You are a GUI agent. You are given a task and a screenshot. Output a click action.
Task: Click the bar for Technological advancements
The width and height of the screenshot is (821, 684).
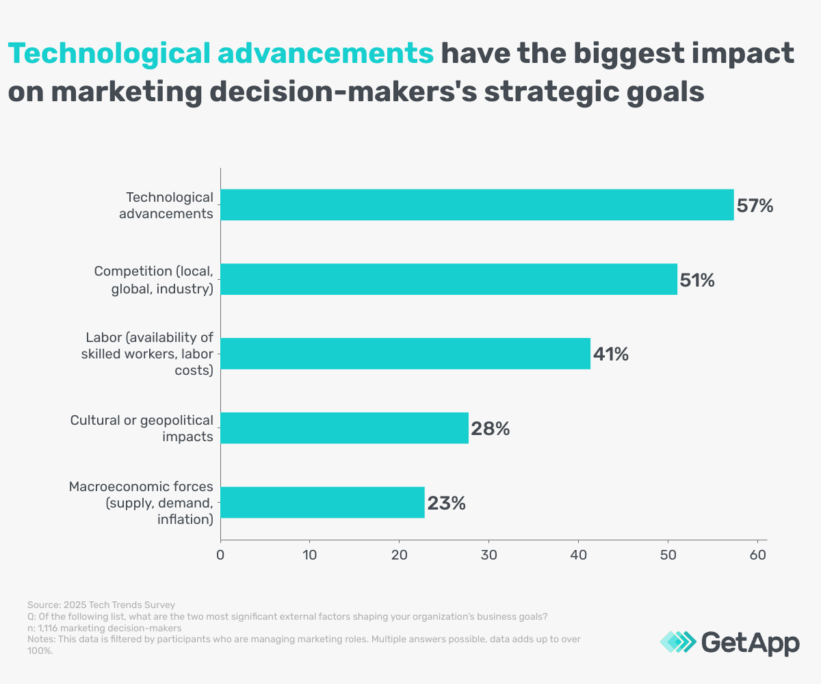477,205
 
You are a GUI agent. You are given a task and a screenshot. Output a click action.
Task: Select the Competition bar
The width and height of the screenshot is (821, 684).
449,279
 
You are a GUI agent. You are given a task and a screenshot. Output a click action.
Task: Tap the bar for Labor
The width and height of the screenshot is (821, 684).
405,354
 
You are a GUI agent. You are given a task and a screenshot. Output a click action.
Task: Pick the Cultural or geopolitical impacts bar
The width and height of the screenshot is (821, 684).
344,428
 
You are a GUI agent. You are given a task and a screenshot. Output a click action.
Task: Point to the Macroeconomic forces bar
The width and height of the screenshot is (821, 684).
322,503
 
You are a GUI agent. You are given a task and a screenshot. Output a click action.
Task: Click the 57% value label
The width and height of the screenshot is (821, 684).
755,205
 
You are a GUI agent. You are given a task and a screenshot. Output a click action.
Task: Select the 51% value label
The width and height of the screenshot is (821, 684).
697,280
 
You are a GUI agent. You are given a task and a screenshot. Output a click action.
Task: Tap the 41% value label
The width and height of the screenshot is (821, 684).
610,354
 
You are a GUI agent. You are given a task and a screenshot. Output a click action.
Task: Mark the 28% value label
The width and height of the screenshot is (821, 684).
490,429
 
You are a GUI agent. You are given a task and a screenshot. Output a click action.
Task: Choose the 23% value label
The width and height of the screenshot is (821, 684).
447,503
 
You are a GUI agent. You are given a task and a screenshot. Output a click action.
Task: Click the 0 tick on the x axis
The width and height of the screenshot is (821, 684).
220,556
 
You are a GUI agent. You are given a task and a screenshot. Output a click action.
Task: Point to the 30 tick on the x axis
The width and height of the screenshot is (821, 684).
488,556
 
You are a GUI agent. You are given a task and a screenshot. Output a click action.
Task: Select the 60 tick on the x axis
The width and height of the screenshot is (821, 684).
757,556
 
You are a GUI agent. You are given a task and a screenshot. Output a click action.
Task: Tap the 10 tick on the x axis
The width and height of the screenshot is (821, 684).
310,556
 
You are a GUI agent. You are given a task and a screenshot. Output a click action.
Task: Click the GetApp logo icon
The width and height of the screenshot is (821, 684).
676,642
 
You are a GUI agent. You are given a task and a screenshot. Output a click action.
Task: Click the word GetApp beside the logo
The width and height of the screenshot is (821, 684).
751,642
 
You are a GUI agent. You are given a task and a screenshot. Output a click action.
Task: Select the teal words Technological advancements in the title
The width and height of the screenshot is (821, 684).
220,53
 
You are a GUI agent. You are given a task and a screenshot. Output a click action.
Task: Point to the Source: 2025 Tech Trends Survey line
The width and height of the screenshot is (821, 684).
101,605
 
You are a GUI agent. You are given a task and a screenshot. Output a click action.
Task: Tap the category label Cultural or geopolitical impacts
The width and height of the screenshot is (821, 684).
142,428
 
